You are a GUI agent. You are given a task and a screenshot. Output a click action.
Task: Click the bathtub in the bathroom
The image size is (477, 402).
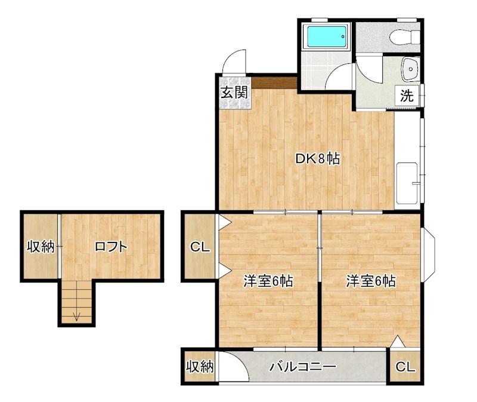point(326,38)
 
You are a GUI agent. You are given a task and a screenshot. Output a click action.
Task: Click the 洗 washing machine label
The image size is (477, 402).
point(407,94)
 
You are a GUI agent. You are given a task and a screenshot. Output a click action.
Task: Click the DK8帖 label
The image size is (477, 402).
point(318,159)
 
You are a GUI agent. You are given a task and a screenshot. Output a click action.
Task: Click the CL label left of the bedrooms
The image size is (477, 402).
point(200,247)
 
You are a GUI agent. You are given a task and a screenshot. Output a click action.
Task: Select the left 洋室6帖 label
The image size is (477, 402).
point(268,281)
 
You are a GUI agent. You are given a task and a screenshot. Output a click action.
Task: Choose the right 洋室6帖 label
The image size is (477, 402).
point(371,281)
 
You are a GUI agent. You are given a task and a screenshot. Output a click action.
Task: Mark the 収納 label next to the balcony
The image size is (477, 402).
point(199,367)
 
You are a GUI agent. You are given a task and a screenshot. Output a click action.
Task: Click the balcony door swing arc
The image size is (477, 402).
point(229,364)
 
